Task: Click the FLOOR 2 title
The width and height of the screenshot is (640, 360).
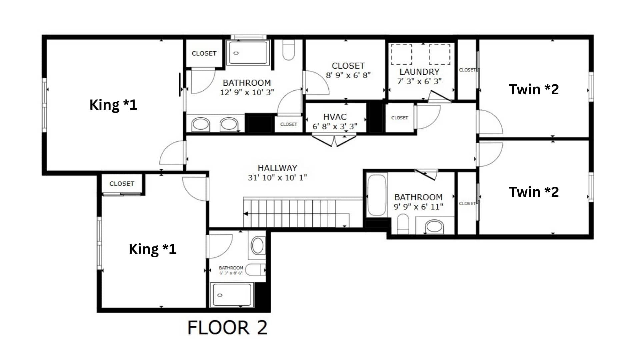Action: click(227, 327)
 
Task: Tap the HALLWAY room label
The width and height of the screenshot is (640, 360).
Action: click(277, 168)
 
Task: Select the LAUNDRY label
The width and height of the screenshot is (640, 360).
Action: click(419, 72)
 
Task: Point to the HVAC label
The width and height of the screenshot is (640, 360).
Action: click(335, 117)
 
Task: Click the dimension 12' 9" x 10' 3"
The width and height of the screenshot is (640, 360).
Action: click(247, 92)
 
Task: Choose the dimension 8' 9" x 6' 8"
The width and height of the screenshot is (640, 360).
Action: click(348, 75)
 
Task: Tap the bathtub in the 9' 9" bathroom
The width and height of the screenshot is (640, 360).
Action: click(377, 195)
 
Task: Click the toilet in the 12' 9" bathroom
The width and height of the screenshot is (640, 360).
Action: click(288, 50)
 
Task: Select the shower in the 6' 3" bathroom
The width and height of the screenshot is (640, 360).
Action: click(232, 295)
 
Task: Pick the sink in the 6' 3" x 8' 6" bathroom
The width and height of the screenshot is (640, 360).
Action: click(257, 246)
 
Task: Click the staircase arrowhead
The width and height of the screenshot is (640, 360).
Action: click(246, 214)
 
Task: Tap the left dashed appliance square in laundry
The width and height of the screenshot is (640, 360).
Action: click(401, 54)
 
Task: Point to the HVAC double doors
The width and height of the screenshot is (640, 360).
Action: click(334, 139)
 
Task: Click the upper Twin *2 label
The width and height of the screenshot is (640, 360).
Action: click(534, 89)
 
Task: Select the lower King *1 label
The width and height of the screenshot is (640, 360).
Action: click(152, 249)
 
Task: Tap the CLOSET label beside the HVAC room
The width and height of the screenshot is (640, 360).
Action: click(400, 118)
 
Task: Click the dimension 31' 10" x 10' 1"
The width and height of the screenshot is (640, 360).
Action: click(277, 178)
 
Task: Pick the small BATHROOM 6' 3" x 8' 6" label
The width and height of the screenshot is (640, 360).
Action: click(231, 270)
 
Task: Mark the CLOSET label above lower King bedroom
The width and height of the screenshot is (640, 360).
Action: click(122, 184)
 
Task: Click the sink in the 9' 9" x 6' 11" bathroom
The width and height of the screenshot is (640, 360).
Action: click(434, 226)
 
